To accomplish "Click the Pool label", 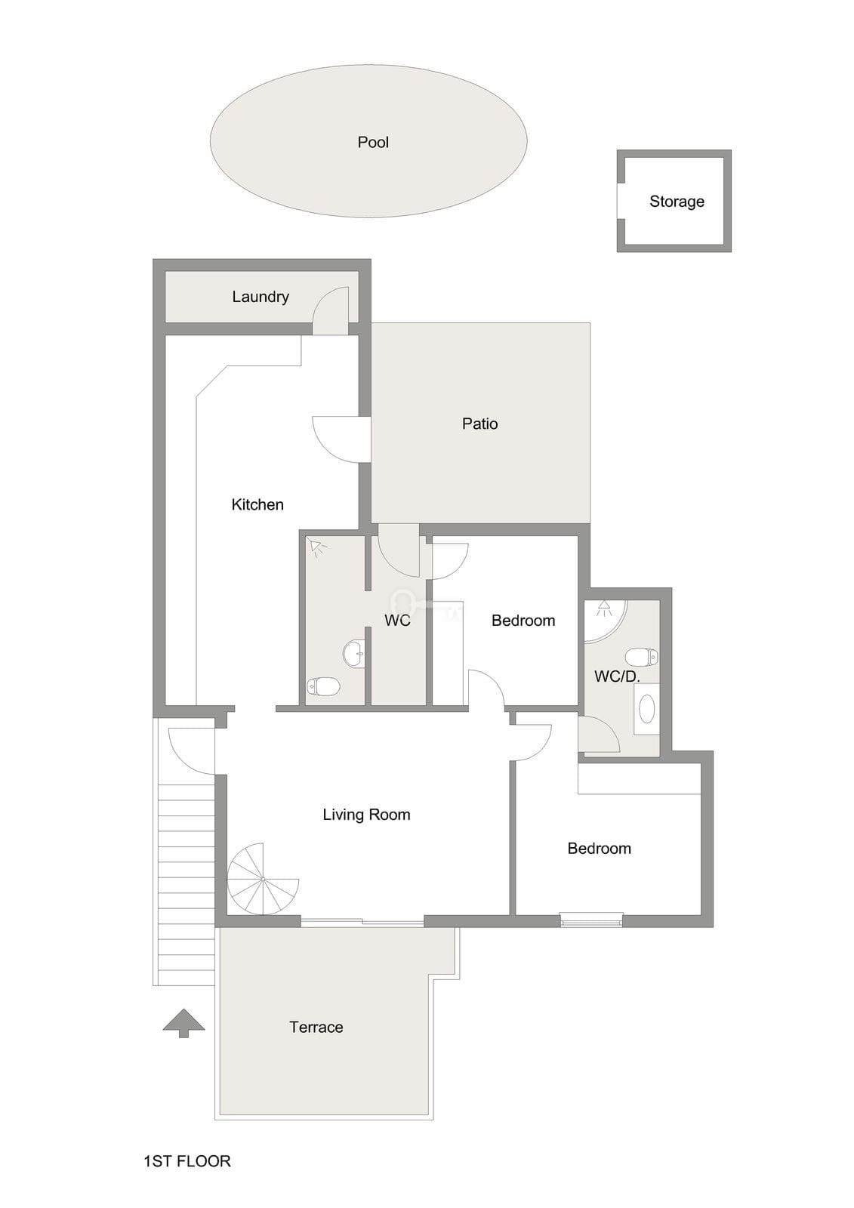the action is (x=373, y=143).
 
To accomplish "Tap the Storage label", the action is (x=677, y=201).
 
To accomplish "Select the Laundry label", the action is (x=261, y=297).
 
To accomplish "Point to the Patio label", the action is (x=479, y=424).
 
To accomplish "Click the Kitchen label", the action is (x=257, y=504).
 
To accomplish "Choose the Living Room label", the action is (x=366, y=814).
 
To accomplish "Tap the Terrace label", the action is (x=316, y=1027).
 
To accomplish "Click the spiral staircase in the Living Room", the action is (x=263, y=880).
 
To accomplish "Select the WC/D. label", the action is (x=617, y=676).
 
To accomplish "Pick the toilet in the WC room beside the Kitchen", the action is (x=323, y=687).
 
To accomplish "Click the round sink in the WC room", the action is (x=354, y=654).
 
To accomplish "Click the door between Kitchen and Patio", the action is (x=342, y=439).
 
